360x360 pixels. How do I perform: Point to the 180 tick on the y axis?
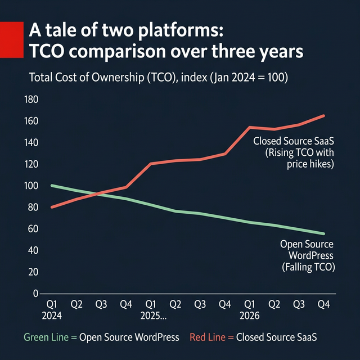31,100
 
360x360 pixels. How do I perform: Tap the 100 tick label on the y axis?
31,186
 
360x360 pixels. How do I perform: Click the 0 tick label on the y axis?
35,294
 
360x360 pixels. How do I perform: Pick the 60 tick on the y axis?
31,229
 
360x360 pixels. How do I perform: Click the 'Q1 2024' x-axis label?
52,310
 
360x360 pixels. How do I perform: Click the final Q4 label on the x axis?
324,304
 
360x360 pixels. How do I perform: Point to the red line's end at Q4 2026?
324,116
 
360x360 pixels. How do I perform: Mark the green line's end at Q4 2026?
324,233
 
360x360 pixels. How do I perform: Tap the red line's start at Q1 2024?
52,207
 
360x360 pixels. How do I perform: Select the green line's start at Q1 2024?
52,186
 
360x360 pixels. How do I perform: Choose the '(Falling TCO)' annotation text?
308,268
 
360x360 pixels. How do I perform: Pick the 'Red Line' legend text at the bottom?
209,337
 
